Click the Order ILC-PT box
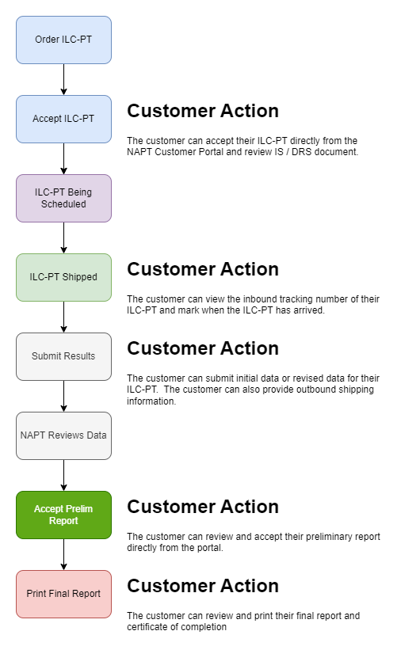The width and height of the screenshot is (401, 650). tap(63, 40)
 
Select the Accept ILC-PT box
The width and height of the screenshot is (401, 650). tap(63, 119)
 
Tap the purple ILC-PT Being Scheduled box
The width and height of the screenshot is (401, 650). tap(63, 198)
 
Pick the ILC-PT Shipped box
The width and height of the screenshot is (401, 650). tap(63, 277)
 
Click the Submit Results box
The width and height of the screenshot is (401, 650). tap(63, 356)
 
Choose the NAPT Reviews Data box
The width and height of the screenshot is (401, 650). tap(63, 435)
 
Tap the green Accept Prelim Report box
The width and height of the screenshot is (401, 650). tap(63, 515)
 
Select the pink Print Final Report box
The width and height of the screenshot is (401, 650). tap(63, 594)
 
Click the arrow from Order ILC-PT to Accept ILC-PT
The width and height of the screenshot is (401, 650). tap(63, 80)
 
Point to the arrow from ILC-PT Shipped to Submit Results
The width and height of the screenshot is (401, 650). tap(63, 317)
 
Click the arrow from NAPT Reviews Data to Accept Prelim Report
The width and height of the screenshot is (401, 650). tap(63, 476)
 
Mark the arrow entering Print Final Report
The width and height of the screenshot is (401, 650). tap(63, 555)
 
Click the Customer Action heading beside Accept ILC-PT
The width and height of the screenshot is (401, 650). tap(203, 111)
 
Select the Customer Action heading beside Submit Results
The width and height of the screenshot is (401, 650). tap(203, 348)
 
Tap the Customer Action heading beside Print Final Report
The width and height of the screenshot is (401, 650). tap(203, 586)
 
